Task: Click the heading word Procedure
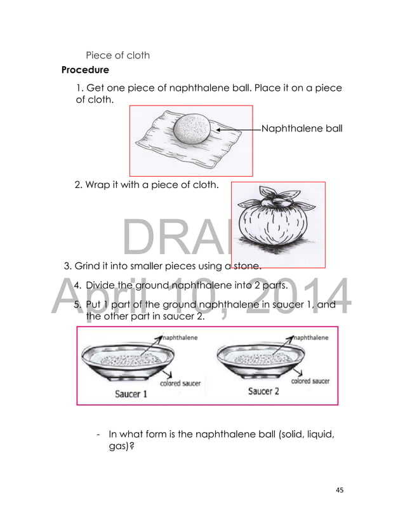tap(84, 69)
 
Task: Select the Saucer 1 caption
tap(131, 393)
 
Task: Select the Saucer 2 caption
tap(263, 391)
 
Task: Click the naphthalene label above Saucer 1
tap(180, 337)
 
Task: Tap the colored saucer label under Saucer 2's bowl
tap(310, 381)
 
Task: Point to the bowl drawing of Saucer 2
tap(256, 363)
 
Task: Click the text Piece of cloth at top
tap(117, 55)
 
